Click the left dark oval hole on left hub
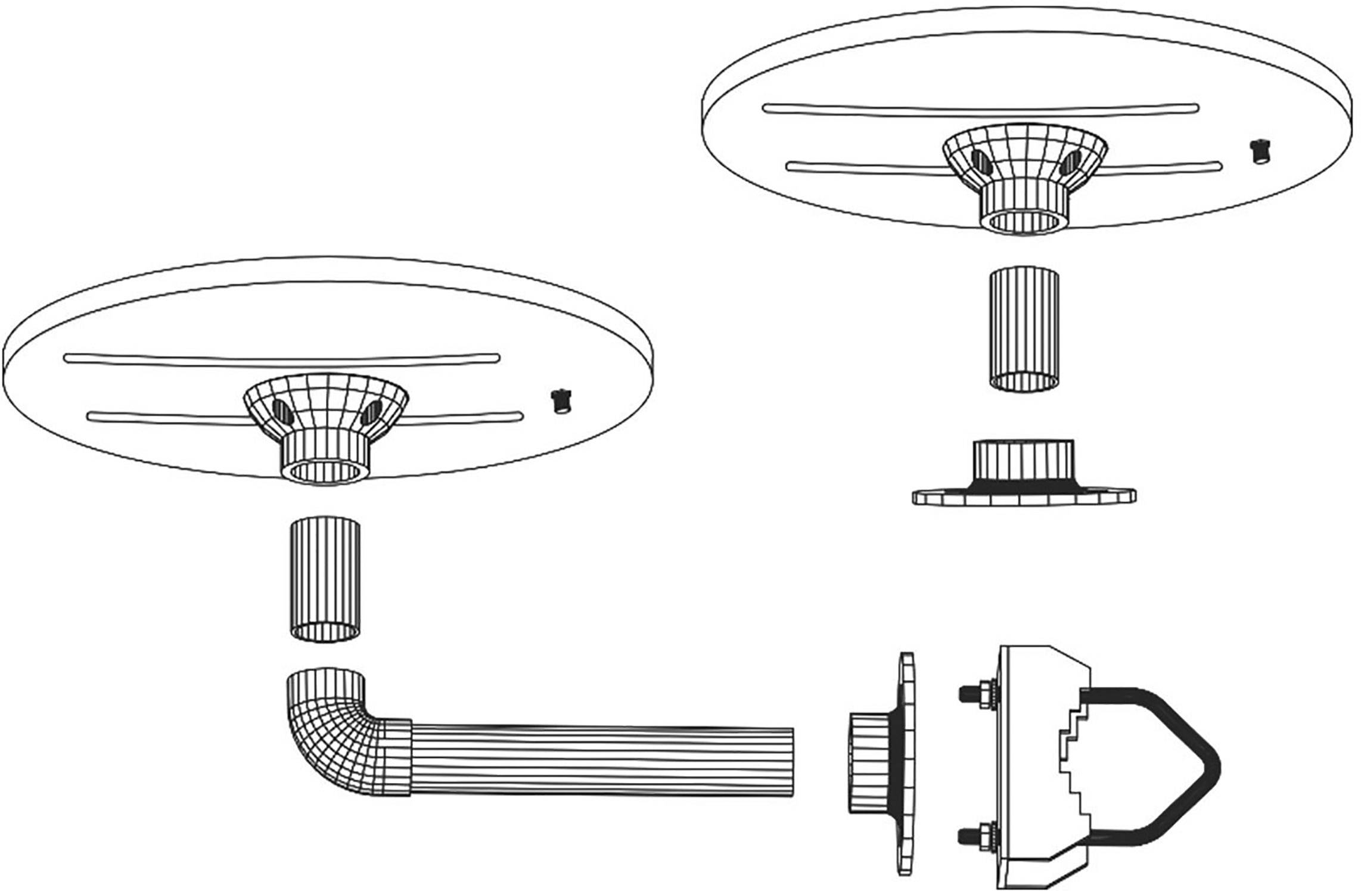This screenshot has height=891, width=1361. point(278,409)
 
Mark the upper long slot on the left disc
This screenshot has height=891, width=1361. point(281,358)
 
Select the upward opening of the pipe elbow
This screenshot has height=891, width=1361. point(325,678)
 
